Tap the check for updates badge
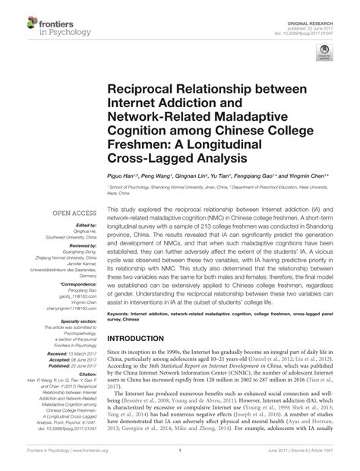pyautogui.click(x=327, y=53)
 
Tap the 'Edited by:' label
pyautogui.click(x=83, y=226)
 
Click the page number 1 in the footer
pyautogui.click(x=180, y=460)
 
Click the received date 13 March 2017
pyautogui.click(x=77, y=352)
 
